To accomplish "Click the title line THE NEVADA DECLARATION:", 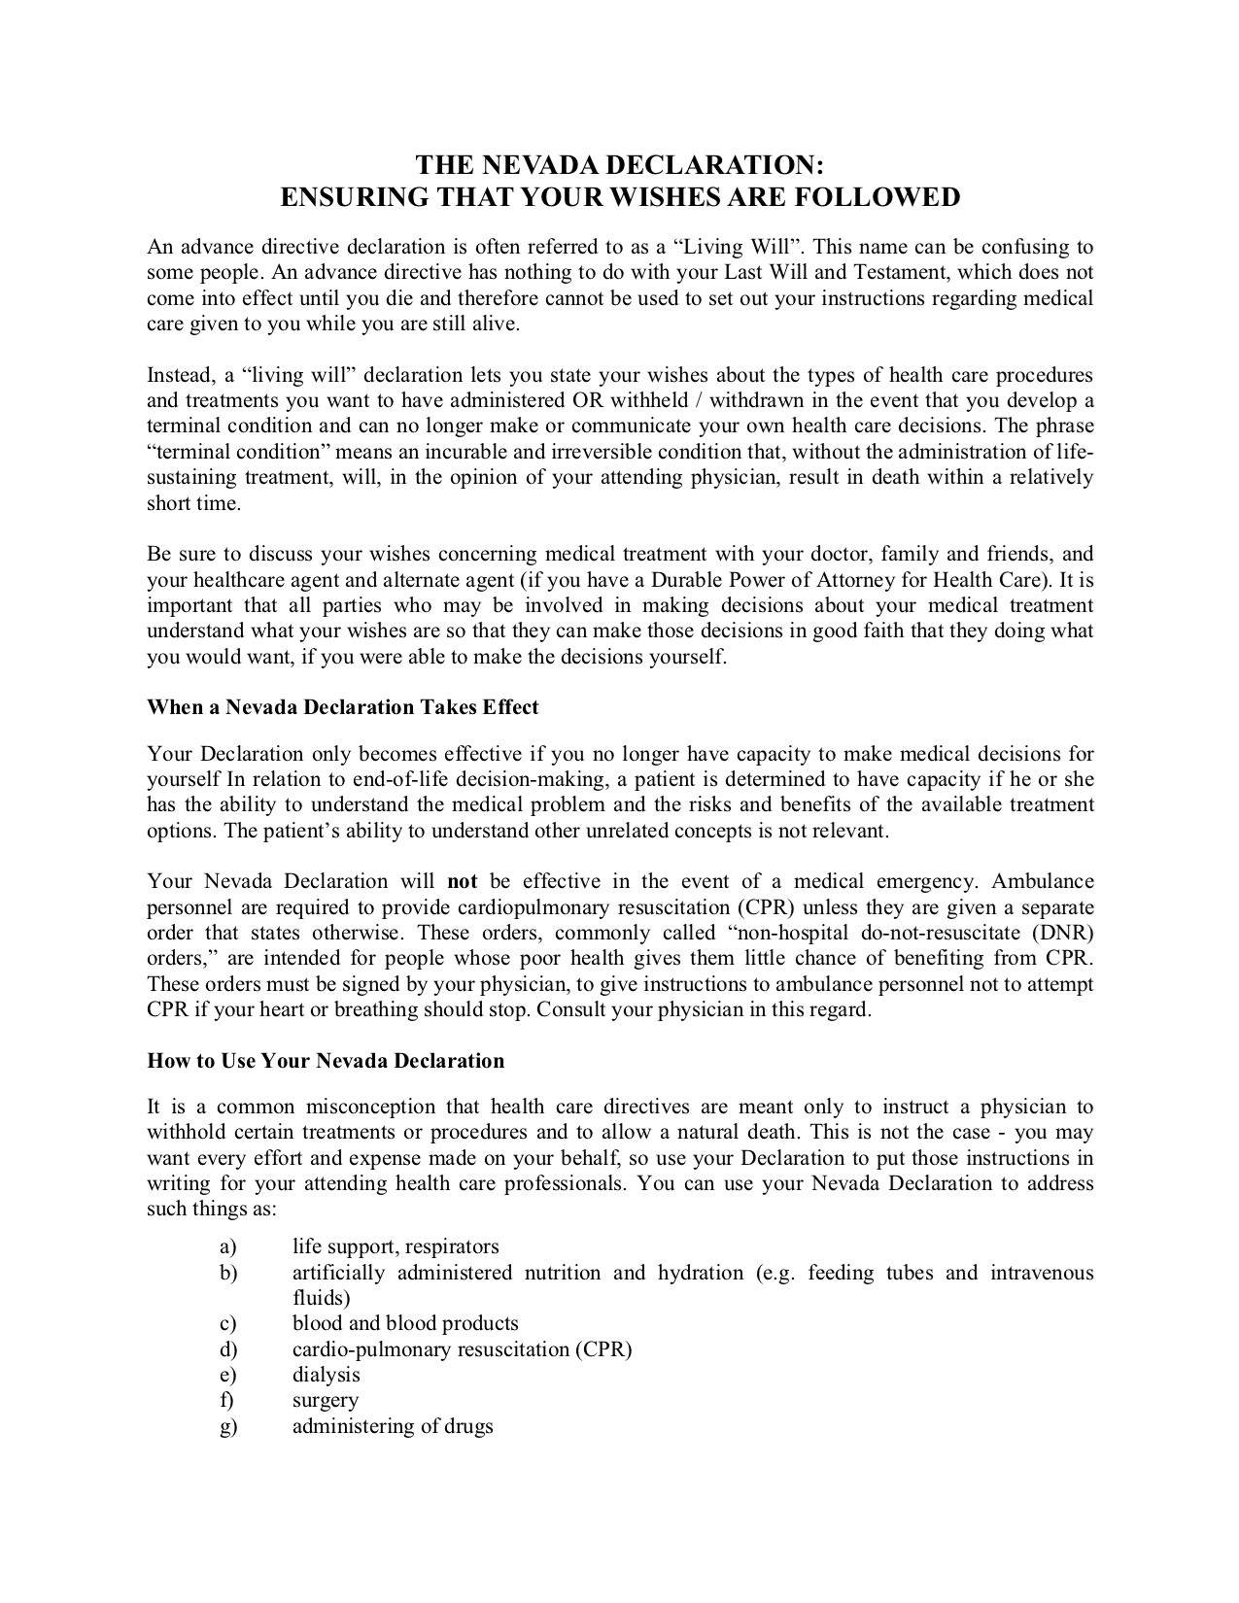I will click(620, 163).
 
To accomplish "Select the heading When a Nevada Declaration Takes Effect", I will click(342, 707).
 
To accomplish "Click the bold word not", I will click(462, 882).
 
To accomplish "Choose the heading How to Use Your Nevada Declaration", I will click(326, 1061).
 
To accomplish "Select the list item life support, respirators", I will click(396, 1246).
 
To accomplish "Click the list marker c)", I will click(228, 1323).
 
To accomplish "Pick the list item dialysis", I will click(327, 1375).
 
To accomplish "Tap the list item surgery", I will click(326, 1401).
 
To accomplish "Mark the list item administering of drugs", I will click(393, 1426).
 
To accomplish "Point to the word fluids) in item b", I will click(322, 1298).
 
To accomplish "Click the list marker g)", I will click(228, 1427).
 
